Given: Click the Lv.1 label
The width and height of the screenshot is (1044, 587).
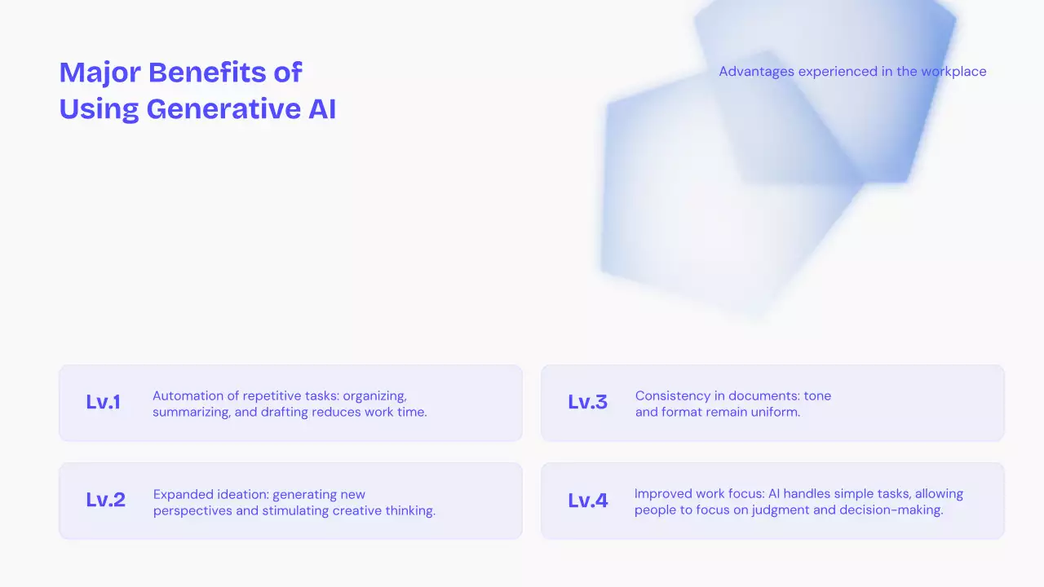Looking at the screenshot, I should tap(103, 402).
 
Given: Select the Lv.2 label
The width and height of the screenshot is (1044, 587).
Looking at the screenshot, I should tap(105, 500).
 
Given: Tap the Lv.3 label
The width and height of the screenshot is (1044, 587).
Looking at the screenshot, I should tap(587, 402).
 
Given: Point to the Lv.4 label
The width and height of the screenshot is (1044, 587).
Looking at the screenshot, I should tap(587, 500).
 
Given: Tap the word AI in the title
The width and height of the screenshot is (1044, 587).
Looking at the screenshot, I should tap(322, 108).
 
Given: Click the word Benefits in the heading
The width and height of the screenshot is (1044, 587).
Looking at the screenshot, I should tap(206, 73).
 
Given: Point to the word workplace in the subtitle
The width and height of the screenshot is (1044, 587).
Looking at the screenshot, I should tap(953, 72).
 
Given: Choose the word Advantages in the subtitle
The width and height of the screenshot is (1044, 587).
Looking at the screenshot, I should tap(757, 72).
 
